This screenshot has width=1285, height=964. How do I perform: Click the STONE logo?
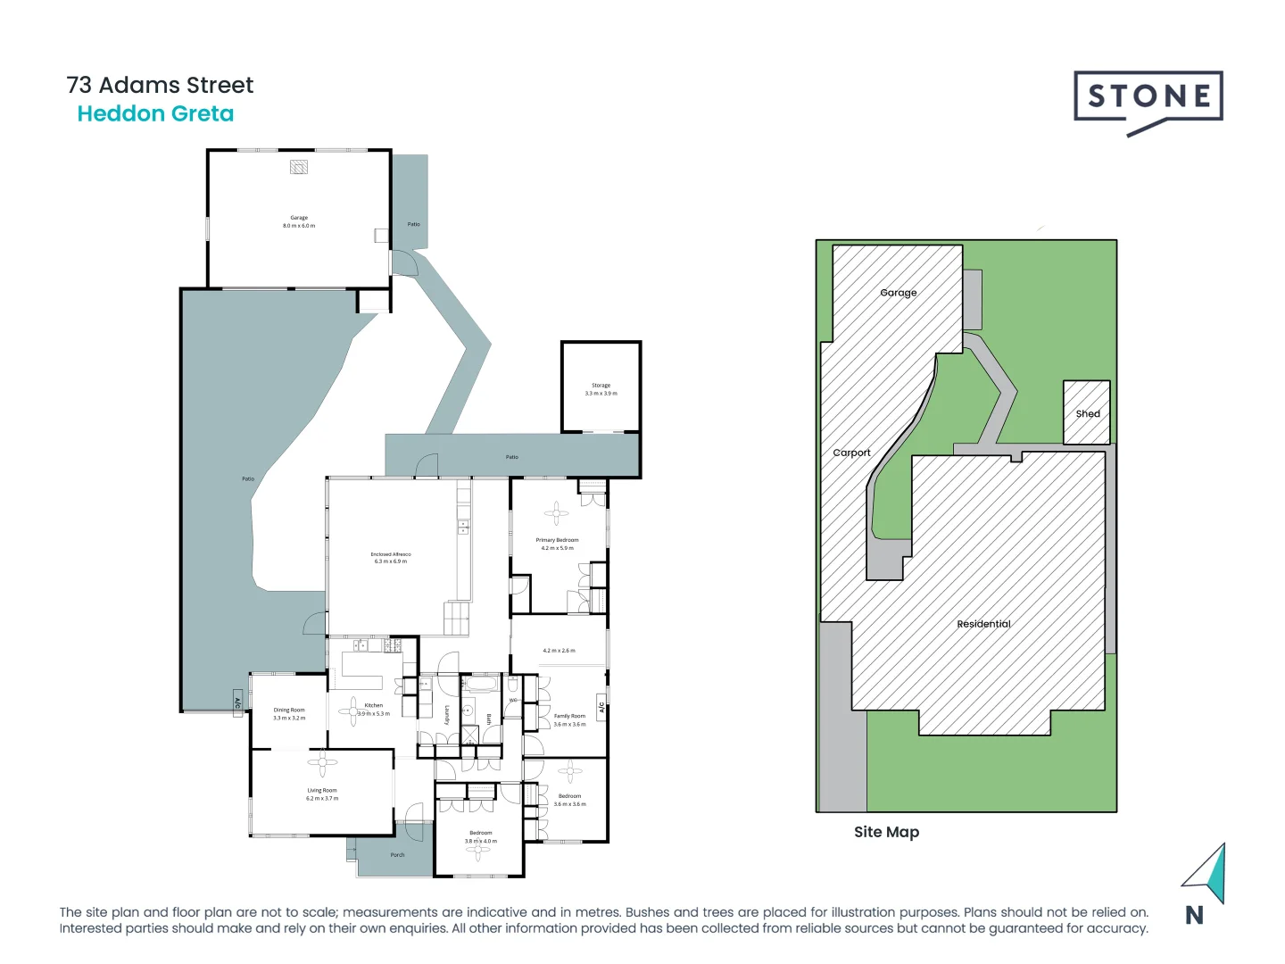[x=1148, y=98]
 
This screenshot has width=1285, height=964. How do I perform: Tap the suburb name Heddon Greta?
[x=155, y=114]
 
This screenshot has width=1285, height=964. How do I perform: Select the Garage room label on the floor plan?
[x=299, y=218]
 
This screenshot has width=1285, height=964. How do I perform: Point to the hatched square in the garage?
[x=299, y=167]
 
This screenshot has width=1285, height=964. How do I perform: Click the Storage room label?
[x=601, y=386]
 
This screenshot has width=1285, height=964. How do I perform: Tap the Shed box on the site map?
[x=1087, y=412]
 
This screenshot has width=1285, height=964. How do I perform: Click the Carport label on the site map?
[x=851, y=453]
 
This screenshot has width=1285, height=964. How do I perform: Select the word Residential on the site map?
[x=983, y=624]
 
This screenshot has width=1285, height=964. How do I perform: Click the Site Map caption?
[x=886, y=832]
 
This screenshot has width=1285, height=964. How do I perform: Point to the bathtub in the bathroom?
[x=481, y=685]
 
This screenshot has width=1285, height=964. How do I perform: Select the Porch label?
[x=397, y=855]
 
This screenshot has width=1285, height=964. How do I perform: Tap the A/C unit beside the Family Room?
[x=601, y=707]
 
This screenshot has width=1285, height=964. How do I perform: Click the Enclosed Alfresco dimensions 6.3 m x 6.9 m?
[x=391, y=561]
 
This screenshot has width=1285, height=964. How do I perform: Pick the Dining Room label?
[x=289, y=711]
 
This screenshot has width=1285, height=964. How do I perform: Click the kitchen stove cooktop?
[x=393, y=645]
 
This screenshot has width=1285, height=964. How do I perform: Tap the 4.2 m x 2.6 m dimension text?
[x=559, y=651]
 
